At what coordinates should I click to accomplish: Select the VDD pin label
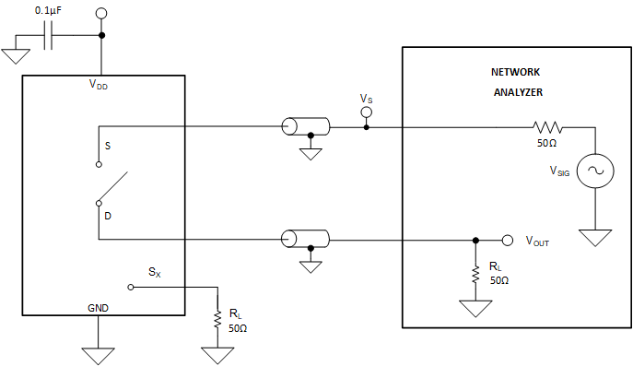tap(100, 84)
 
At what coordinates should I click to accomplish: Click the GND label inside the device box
tap(99, 307)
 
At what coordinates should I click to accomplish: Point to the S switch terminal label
tap(108, 146)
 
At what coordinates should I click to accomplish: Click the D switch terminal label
tap(108, 215)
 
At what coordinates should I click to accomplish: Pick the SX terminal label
tap(155, 273)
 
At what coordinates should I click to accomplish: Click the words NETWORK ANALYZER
tap(516, 81)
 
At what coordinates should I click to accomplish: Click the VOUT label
tap(537, 242)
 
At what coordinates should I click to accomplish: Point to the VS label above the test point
tap(366, 98)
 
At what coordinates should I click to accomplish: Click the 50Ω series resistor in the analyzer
tap(547, 127)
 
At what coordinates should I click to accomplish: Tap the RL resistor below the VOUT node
tap(475, 274)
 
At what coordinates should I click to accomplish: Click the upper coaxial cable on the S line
tap(305, 127)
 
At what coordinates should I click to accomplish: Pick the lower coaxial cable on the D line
tap(305, 240)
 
